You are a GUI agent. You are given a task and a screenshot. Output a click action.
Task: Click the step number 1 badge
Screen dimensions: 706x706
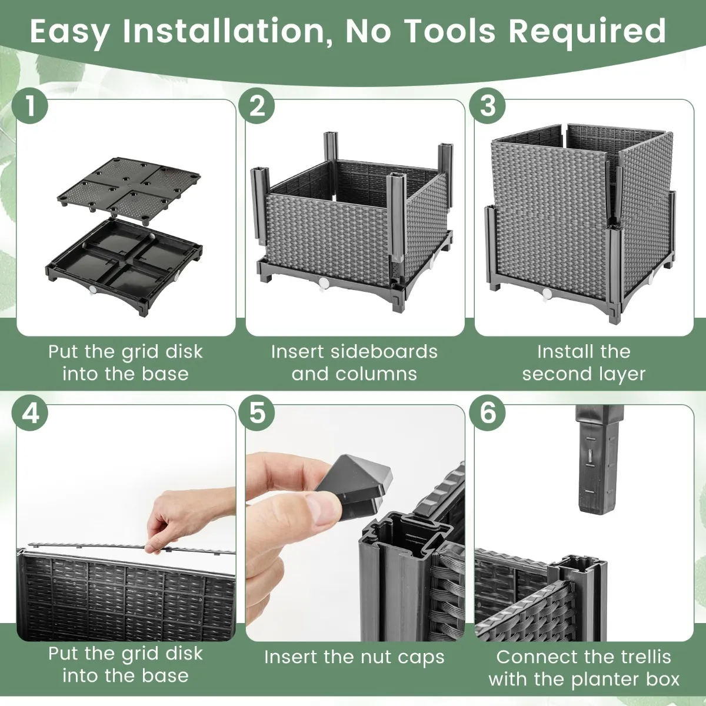[x=29, y=106]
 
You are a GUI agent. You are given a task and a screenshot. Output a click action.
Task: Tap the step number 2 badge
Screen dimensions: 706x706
[x=257, y=106]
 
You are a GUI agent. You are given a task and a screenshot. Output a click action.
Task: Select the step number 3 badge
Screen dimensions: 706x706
[x=487, y=106]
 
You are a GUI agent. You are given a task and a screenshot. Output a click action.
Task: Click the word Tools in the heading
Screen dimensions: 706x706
[x=451, y=31]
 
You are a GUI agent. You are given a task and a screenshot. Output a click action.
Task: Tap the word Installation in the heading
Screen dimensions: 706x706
[x=223, y=32]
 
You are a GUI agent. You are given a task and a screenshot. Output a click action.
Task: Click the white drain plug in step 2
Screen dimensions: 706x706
[x=324, y=282]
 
